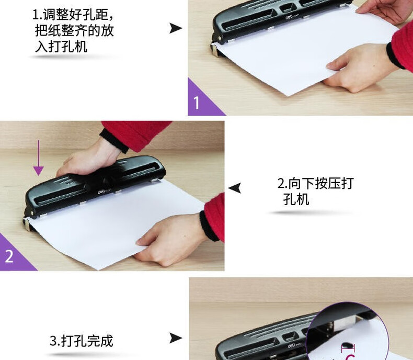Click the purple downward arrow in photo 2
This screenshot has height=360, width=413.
click(39, 157)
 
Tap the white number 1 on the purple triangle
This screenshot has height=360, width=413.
click(197, 103)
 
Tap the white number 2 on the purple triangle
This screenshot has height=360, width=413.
click(9, 256)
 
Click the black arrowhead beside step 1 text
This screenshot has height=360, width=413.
click(176, 28)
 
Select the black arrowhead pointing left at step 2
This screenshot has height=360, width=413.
click(234, 188)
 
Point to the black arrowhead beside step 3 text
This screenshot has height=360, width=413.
click(176, 338)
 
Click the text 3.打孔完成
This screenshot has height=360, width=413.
click(82, 341)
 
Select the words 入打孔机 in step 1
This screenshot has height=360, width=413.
click(61, 47)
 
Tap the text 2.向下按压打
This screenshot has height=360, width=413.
click(315, 183)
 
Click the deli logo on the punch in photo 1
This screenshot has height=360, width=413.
click(290, 17)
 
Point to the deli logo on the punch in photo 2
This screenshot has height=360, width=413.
click(101, 192)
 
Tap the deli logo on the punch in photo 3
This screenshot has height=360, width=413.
click(292, 345)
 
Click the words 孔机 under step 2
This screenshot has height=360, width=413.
click(296, 199)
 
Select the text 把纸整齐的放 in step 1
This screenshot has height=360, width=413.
click(75, 30)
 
